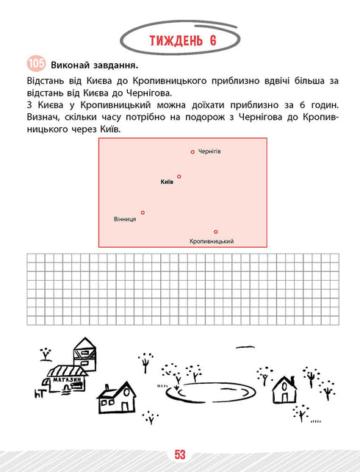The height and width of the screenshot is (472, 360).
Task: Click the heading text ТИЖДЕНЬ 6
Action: click(x=179, y=40)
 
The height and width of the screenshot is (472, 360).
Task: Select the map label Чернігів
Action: click(x=209, y=151)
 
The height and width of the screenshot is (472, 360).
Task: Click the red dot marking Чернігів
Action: click(x=192, y=152)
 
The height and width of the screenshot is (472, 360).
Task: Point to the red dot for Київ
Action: click(x=179, y=176)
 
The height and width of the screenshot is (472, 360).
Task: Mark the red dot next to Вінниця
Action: click(x=143, y=212)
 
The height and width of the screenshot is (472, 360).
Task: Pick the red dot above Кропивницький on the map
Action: click(x=216, y=232)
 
